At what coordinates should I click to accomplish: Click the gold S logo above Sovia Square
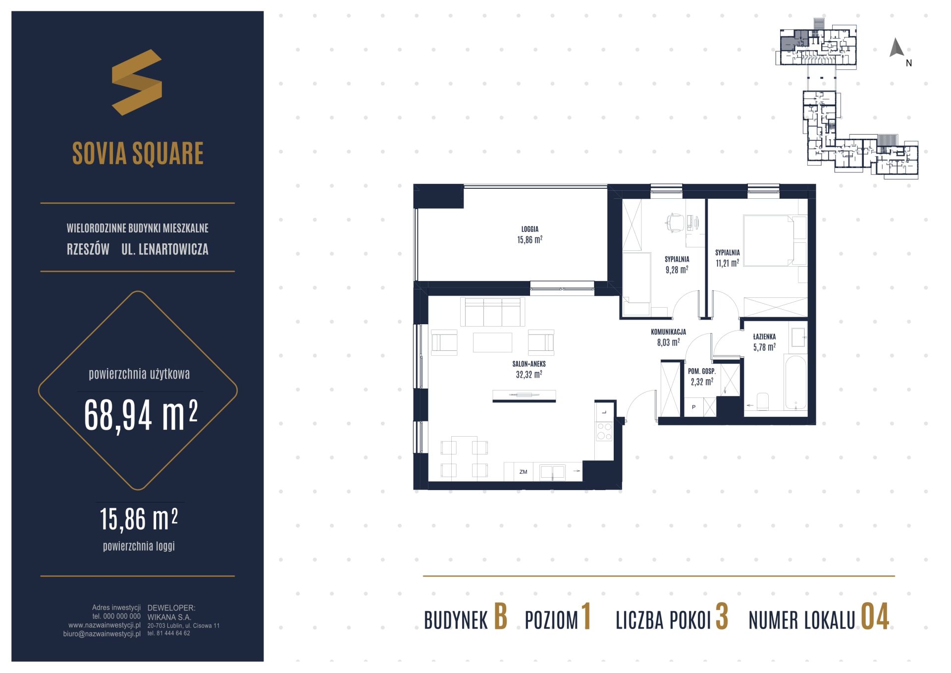click(x=137, y=82)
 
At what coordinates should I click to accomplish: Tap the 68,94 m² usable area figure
click(x=141, y=415)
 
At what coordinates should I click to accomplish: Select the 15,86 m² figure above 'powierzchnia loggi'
click(x=139, y=519)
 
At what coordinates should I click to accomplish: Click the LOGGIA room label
click(x=529, y=229)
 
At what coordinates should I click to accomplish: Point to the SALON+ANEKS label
click(x=529, y=364)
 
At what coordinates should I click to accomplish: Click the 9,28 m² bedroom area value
click(x=677, y=270)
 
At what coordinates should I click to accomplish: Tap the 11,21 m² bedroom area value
click(x=727, y=263)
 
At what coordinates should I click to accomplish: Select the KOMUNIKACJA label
click(x=668, y=332)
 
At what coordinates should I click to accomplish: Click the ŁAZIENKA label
click(x=764, y=337)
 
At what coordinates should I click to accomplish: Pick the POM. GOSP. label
click(x=701, y=371)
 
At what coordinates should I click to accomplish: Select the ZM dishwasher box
click(x=523, y=472)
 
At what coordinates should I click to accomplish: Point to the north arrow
click(x=897, y=48)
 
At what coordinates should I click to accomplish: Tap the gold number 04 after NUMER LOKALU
click(x=875, y=617)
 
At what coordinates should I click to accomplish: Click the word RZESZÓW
click(x=88, y=249)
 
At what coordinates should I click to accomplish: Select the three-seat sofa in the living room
click(x=493, y=312)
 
